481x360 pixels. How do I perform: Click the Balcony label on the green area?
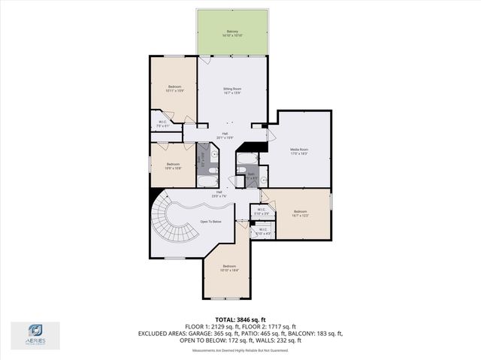pyautogui.click(x=232, y=33)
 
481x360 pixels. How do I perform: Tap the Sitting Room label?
pyautogui.click(x=232, y=90)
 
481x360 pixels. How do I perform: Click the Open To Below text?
pyautogui.click(x=210, y=222)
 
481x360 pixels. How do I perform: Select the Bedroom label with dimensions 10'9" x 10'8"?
pyautogui.click(x=173, y=165)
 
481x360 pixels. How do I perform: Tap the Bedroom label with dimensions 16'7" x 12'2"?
pyautogui.click(x=300, y=213)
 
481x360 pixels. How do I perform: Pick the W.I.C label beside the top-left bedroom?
pyautogui.click(x=162, y=124)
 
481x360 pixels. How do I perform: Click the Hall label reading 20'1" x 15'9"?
pyautogui.click(x=225, y=135)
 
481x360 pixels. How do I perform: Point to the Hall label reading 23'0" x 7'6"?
pyautogui.click(x=219, y=194)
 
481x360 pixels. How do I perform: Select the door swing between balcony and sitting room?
pyautogui.click(x=204, y=60)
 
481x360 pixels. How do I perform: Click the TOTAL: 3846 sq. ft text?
pyautogui.click(x=240, y=319)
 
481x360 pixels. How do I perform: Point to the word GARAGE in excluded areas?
pyautogui.click(x=192, y=333)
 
